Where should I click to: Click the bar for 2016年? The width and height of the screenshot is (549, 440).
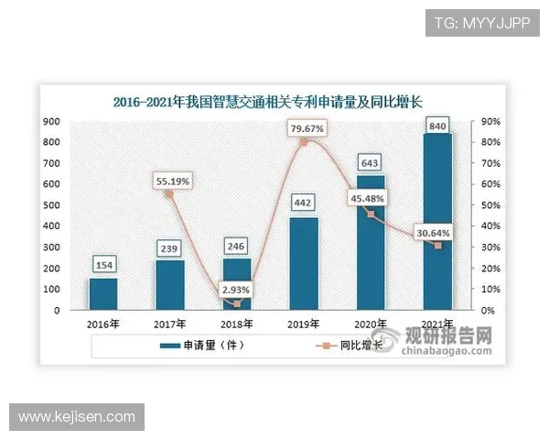102,294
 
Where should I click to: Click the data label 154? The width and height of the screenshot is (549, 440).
102,265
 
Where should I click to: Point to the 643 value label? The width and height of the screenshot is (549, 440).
371,162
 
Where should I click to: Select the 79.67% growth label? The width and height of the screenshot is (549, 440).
307,129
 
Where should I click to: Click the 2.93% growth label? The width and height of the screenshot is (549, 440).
236,290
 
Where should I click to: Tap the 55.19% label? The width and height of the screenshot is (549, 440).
171,181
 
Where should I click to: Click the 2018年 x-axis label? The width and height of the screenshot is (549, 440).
236,324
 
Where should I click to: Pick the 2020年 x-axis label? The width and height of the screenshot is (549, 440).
371,324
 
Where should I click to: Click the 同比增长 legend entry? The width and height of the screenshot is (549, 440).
351,346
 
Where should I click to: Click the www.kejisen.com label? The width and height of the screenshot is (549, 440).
77,417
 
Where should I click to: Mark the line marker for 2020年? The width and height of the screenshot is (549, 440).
371,214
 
